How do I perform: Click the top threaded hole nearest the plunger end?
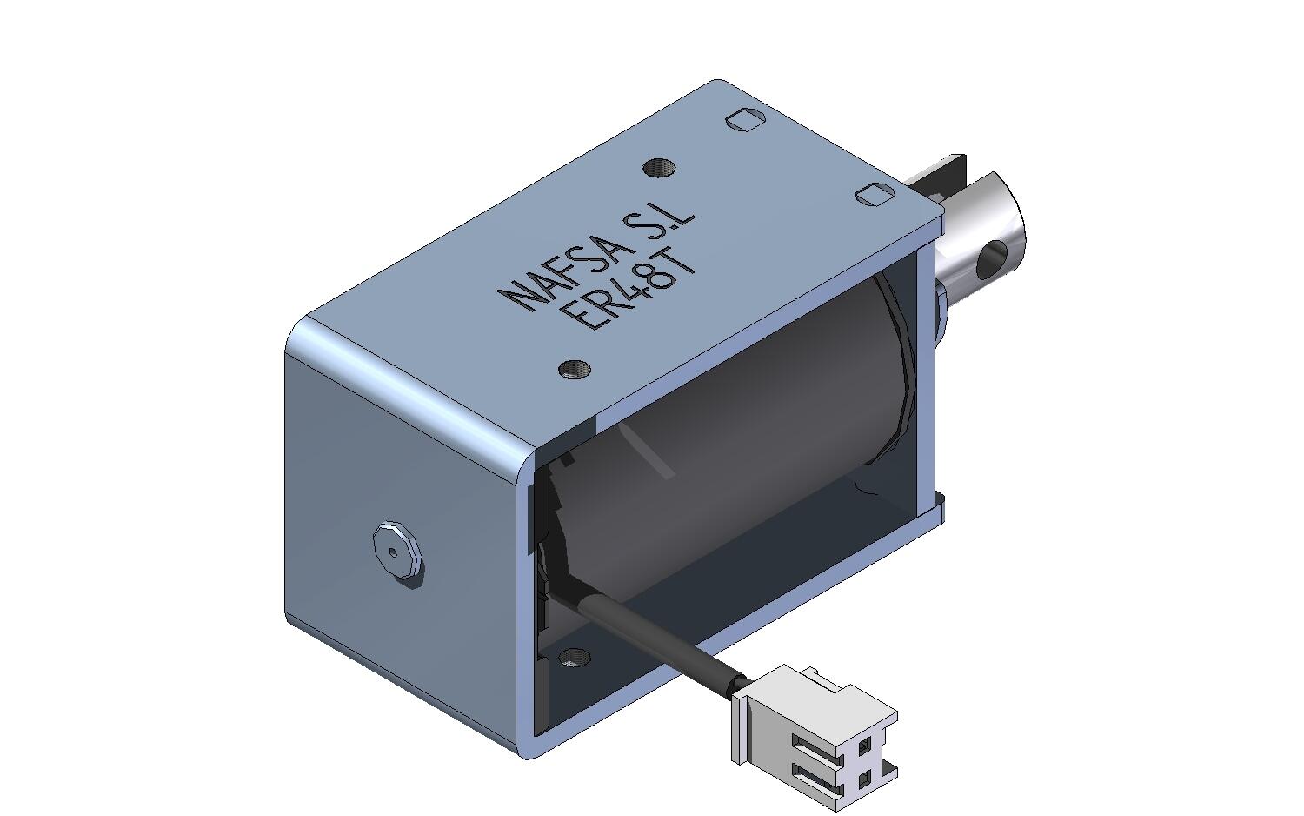tap(659, 167)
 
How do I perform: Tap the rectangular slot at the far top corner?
tap(744, 119)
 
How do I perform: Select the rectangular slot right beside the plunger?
tap(875, 195)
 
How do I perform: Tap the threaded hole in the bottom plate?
tap(574, 657)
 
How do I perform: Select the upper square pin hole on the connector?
tap(864, 745)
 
